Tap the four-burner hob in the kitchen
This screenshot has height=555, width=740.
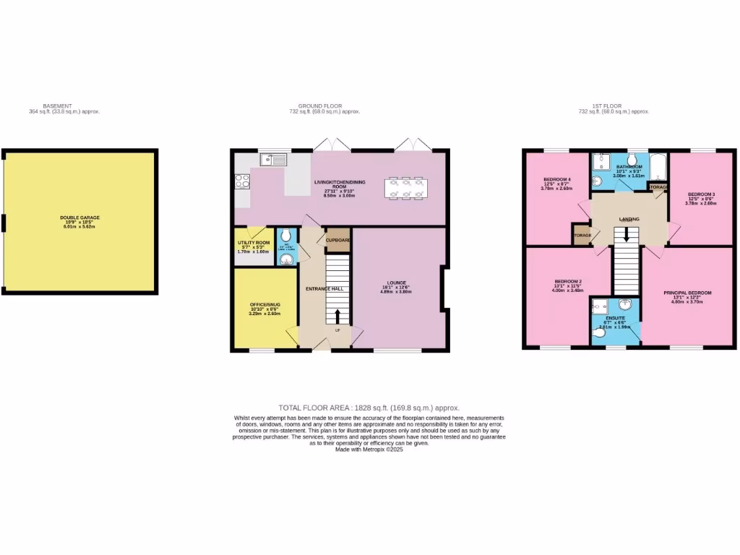(242, 181)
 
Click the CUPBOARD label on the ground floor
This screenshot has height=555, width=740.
(338, 240)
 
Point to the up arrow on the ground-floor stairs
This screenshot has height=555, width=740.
(337, 317)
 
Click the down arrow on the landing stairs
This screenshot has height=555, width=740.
(627, 236)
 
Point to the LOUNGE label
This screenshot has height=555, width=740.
(396, 283)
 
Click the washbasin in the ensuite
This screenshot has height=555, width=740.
(627, 304)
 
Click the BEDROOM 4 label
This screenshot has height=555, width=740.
(556, 179)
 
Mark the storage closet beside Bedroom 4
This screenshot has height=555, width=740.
(581, 236)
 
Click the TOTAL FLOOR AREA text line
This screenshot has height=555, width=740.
(369, 408)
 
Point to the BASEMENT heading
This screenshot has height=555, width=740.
(57, 106)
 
